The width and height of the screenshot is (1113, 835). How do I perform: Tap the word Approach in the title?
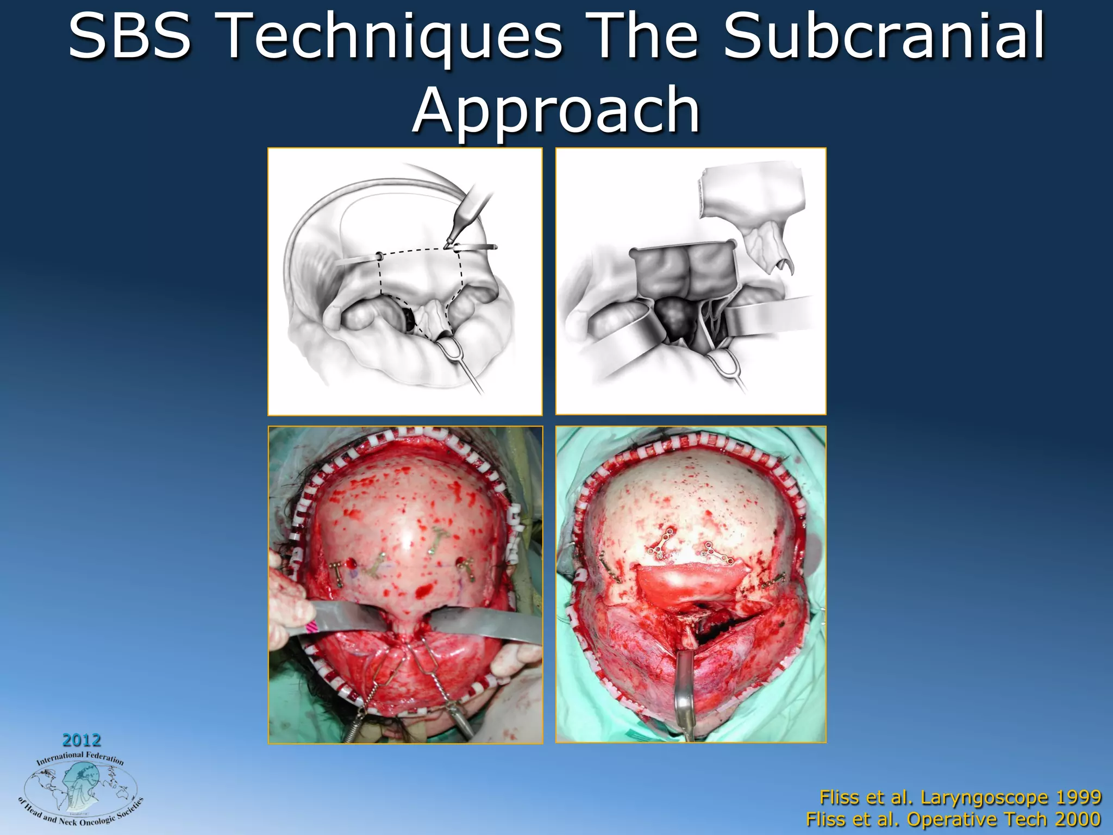click(556, 111)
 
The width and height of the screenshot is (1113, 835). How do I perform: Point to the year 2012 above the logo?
click(82, 740)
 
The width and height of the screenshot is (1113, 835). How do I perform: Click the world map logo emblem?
click(80, 788)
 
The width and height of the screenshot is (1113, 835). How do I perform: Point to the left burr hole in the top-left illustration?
click(379, 256)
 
